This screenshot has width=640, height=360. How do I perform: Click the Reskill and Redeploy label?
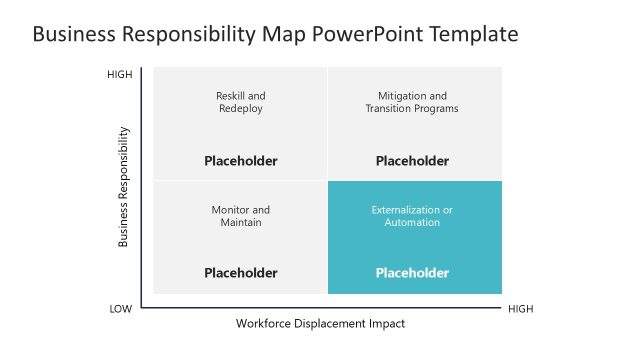coord(240,102)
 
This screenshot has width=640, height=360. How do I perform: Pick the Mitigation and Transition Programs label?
coord(411,102)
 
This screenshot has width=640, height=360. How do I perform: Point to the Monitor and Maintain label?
coord(240,216)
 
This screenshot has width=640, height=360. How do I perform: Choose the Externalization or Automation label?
coord(411,216)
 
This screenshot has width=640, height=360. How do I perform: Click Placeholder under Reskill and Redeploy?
coord(240,160)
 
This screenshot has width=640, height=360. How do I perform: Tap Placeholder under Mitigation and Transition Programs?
coord(411,160)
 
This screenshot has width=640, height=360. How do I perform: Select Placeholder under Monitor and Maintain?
coord(240,272)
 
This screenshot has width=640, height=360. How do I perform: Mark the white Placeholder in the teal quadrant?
coord(411,272)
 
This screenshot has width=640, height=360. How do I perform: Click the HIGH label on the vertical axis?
coord(119,75)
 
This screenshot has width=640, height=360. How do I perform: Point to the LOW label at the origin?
coord(120,309)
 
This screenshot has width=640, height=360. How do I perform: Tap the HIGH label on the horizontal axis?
coord(521,309)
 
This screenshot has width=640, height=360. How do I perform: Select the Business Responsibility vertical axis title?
coord(124,186)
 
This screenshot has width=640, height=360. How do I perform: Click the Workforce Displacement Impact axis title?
coord(320,324)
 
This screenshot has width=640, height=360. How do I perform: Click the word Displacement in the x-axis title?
coord(327,324)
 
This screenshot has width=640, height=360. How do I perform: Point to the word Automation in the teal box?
coord(411,223)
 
